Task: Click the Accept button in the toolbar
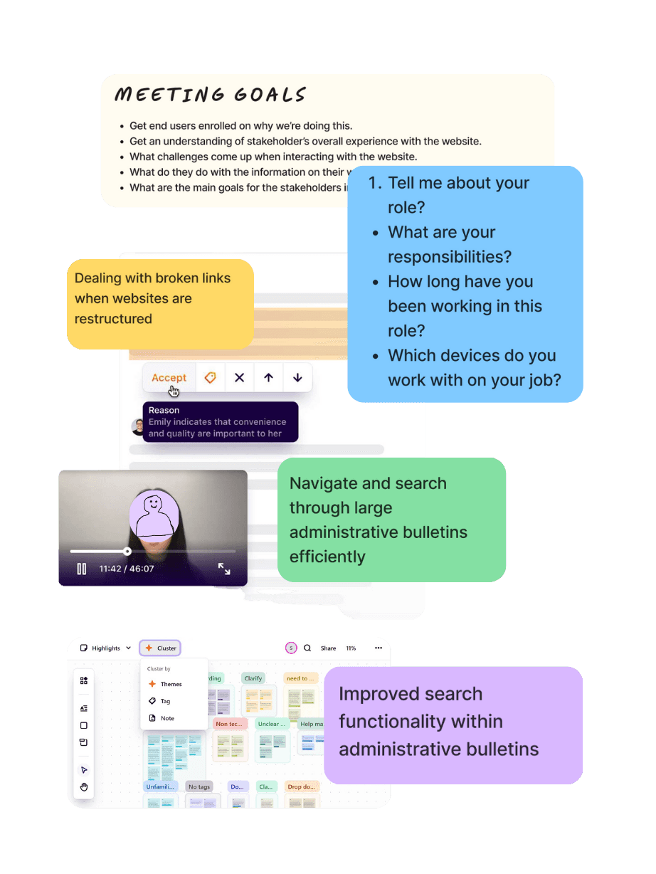169,378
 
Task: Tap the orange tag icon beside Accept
210,378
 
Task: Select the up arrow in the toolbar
268,378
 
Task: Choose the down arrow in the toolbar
297,378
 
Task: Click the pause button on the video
82,569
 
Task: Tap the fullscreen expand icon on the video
224,569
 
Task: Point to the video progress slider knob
127,551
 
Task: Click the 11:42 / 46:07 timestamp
127,569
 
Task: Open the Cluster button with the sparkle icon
160,648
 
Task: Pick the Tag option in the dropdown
165,701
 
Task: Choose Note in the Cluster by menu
167,718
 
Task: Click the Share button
328,648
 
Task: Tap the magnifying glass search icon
307,648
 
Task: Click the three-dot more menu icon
379,648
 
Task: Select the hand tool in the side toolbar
84,787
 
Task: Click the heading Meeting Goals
211,95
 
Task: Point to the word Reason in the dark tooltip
164,410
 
